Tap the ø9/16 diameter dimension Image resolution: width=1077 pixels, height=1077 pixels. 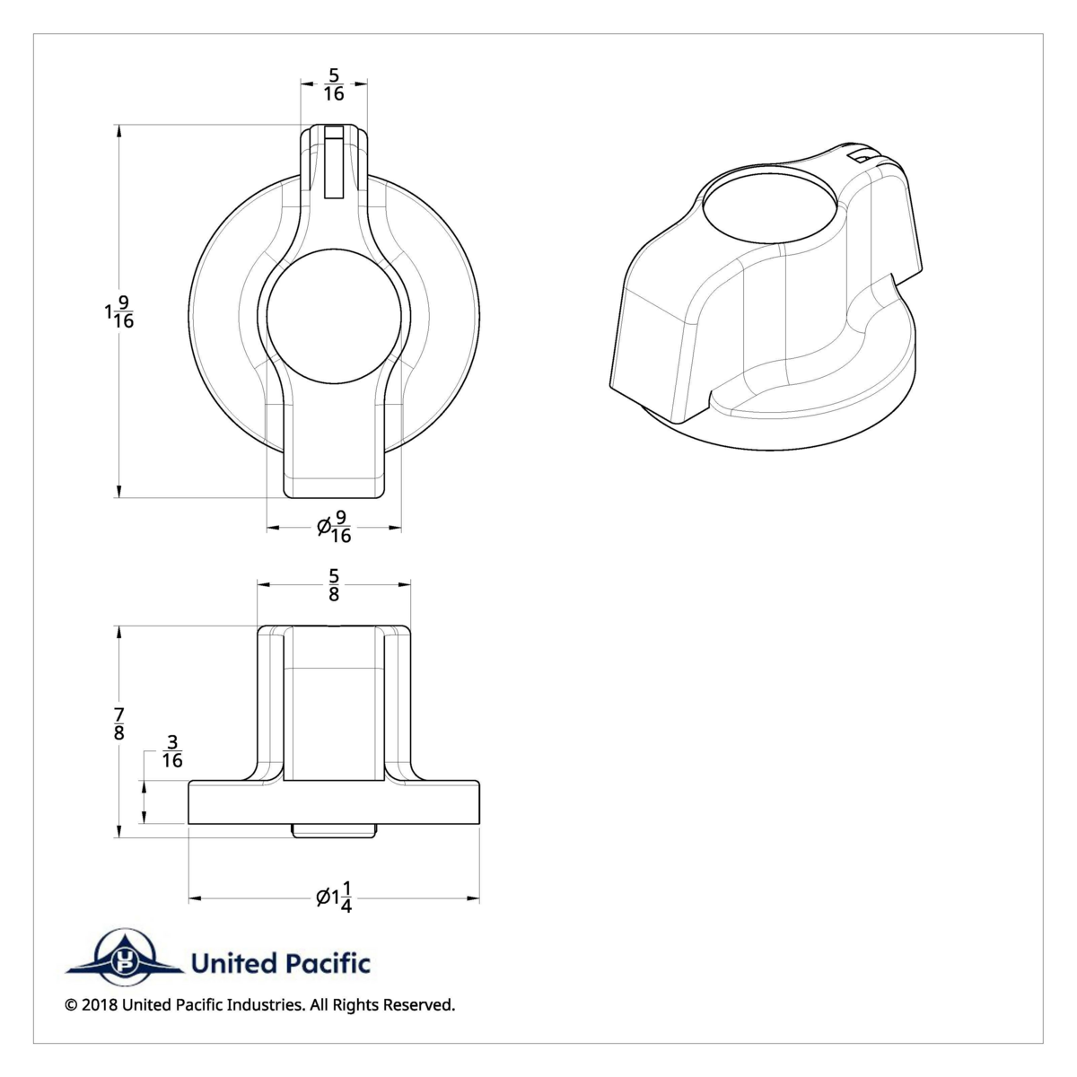[x=334, y=527]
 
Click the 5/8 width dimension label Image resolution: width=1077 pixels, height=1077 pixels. [x=334, y=584]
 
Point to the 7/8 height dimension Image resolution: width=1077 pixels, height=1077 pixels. [x=119, y=723]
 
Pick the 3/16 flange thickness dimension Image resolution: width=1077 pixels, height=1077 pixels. [x=172, y=751]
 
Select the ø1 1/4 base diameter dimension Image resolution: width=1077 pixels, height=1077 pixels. [x=334, y=897]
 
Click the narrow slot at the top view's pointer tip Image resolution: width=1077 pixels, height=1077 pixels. [x=334, y=162]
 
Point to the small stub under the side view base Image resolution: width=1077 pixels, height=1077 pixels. [x=334, y=830]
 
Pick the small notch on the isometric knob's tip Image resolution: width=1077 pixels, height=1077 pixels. [x=862, y=156]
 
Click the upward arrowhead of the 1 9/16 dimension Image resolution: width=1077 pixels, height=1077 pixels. [x=119, y=130]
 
